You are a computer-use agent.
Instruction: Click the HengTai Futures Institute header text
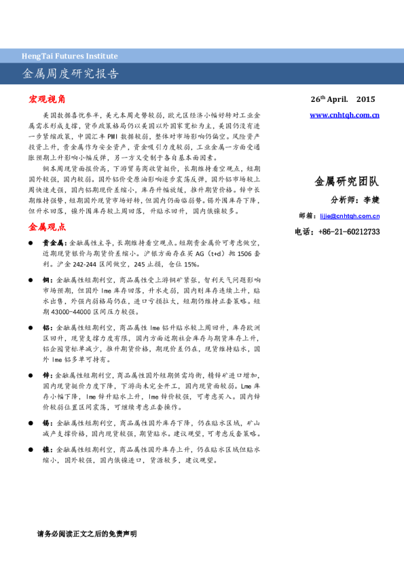pyautogui.click(x=71, y=56)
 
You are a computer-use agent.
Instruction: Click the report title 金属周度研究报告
pyautogui.click(x=71, y=73)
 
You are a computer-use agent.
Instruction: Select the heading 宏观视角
pyautogui.click(x=47, y=99)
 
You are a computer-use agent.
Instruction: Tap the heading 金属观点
pyautogui.click(x=47, y=226)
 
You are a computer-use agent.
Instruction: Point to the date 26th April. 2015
pyautogui.click(x=342, y=99)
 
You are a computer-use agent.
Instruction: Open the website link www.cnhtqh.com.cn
pyautogui.click(x=344, y=115)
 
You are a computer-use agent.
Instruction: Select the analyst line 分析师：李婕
pyautogui.click(x=355, y=200)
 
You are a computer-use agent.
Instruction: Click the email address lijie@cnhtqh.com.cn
pyautogui.click(x=350, y=216)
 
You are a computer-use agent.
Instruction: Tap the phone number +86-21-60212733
pyautogui.click(x=348, y=232)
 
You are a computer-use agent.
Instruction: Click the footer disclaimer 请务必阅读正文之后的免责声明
pyautogui.click(x=87, y=534)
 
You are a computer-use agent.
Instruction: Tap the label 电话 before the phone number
pyautogui.click(x=303, y=232)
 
